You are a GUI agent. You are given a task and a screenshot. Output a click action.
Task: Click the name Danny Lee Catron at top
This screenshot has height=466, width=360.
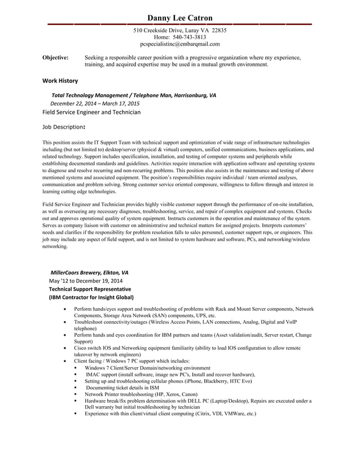[x=179, y=19]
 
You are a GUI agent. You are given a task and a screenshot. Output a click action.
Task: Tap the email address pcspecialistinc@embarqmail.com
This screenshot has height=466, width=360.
[x=179, y=43]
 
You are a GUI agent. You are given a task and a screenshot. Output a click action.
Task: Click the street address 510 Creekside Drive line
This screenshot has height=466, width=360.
[x=179, y=30]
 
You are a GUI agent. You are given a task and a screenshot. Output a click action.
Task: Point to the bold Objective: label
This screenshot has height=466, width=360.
[x=56, y=58]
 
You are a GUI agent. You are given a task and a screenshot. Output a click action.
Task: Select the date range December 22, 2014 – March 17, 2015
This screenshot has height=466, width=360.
[x=95, y=104]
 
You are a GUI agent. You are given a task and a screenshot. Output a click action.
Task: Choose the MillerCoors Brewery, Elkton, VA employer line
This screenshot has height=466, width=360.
[x=89, y=272]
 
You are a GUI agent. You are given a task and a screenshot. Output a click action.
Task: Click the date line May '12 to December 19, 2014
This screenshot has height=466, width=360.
[x=86, y=280]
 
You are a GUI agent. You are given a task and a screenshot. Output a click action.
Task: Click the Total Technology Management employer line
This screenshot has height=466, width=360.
[x=133, y=95]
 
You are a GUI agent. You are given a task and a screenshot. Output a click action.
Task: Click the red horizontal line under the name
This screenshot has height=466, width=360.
[x=179, y=24]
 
